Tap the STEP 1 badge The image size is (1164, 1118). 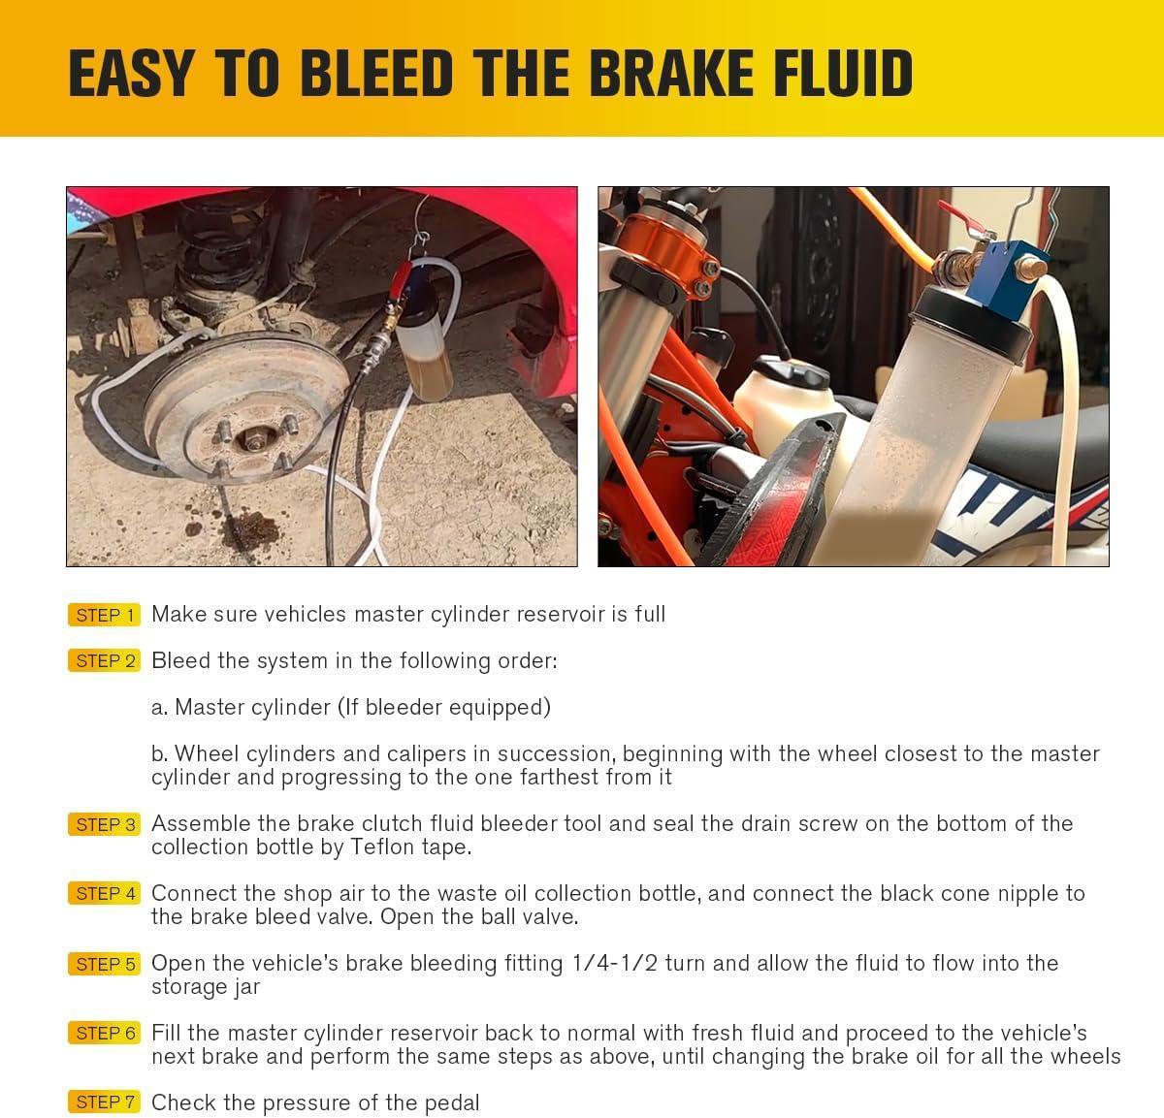pos(105,615)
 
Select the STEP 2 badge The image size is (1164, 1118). pos(105,661)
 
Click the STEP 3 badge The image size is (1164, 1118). pos(105,825)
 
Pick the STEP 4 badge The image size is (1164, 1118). pos(105,894)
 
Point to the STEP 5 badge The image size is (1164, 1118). pos(105,965)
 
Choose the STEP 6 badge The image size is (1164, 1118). pos(105,1034)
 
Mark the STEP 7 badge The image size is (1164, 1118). pos(105,1102)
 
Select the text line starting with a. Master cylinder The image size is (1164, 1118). pos(350,708)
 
